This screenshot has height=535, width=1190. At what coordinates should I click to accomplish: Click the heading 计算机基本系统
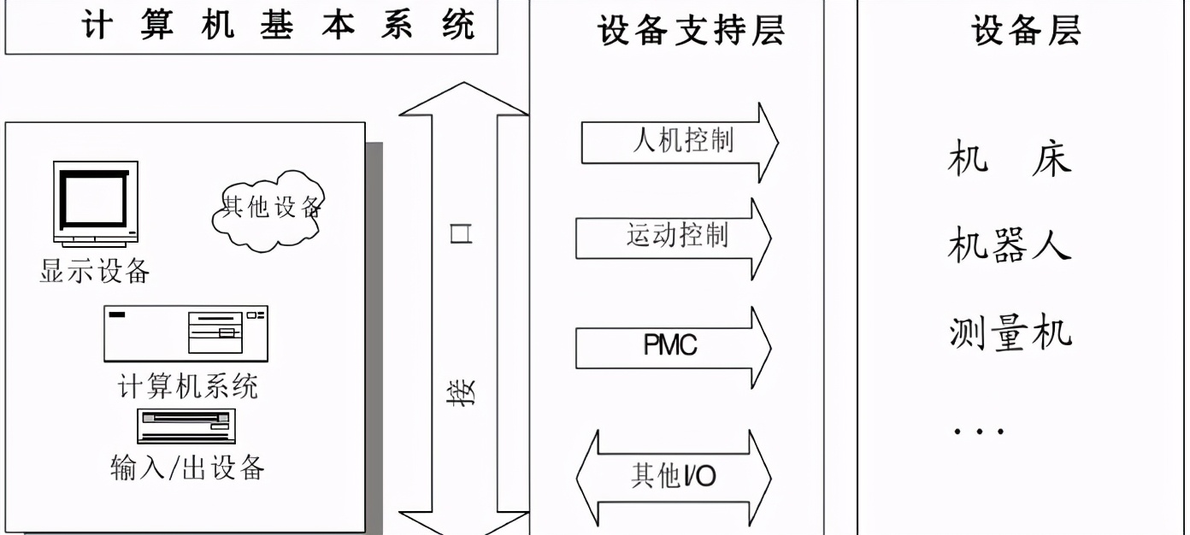278,26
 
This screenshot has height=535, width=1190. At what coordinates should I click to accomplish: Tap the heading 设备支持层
691,32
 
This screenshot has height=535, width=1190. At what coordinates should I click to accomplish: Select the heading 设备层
1026,31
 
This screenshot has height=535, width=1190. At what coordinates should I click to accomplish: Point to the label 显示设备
95,271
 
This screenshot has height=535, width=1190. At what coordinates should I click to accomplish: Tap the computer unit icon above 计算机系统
186,333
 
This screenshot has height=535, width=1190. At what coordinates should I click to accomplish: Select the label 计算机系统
187,386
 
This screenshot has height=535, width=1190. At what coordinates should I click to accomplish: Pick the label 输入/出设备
187,467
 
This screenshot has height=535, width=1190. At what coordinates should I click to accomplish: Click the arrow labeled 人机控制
680,142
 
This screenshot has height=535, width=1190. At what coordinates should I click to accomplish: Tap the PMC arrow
674,346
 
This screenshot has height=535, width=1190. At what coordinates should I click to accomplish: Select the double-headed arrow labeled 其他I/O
674,476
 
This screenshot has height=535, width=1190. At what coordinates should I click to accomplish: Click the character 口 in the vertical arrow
462,235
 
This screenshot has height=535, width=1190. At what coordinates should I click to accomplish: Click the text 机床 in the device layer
1010,160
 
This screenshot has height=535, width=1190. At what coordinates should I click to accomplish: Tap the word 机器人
1010,246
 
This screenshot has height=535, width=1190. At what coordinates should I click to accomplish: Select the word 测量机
1010,332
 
